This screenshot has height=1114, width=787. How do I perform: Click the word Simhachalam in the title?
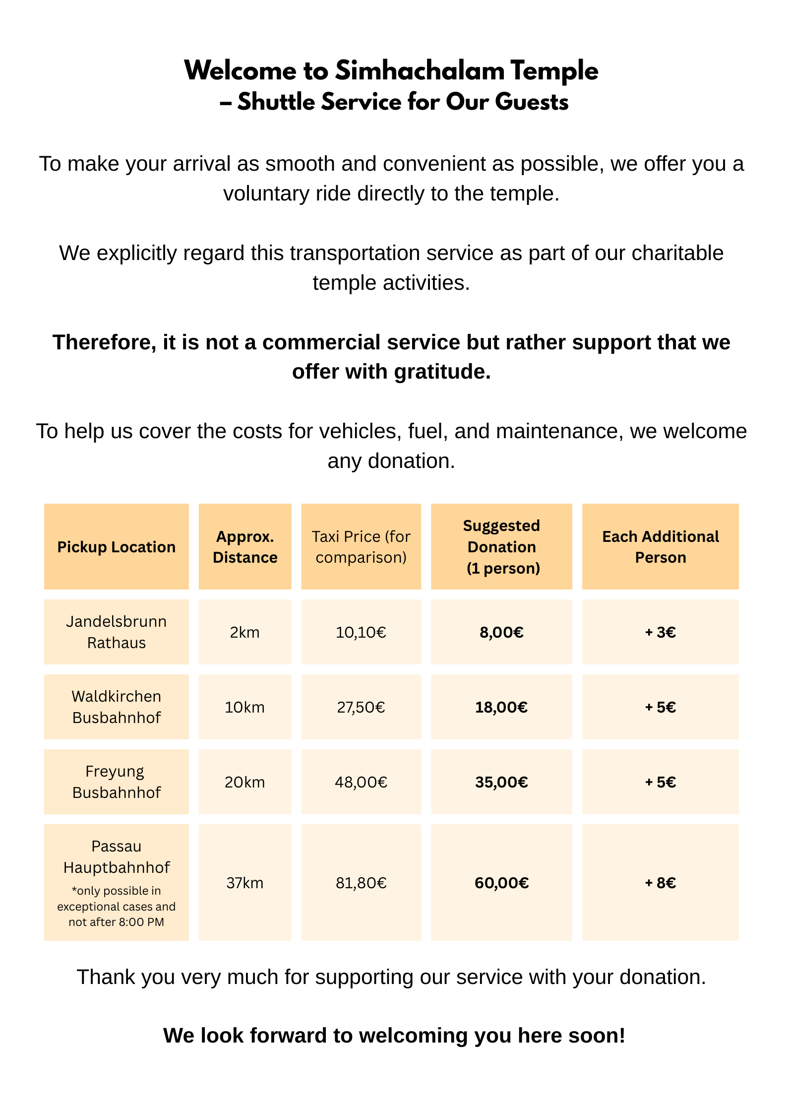click(420, 70)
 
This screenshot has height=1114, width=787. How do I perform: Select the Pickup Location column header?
click(116, 547)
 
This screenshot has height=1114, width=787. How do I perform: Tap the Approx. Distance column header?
click(245, 547)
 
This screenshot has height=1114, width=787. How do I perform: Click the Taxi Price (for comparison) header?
click(361, 547)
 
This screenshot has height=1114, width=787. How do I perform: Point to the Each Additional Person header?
click(660, 547)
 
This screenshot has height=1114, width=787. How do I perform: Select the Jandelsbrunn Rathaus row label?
click(116, 632)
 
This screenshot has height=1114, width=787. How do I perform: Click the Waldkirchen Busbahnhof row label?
click(116, 707)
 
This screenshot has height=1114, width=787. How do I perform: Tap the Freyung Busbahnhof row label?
click(116, 782)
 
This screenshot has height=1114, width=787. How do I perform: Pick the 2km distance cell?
click(245, 632)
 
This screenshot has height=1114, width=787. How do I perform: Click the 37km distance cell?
click(245, 883)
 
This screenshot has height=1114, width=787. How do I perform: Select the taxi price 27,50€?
click(361, 707)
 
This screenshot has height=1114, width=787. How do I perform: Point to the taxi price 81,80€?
click(361, 883)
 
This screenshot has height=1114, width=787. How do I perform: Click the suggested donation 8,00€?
click(501, 632)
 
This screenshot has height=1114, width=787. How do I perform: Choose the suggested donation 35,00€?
click(501, 782)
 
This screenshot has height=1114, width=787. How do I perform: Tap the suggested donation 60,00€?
click(501, 883)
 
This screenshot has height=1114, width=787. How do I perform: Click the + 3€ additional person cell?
click(660, 632)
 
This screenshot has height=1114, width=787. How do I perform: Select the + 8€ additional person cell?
click(660, 883)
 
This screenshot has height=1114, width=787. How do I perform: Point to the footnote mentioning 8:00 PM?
click(116, 907)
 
